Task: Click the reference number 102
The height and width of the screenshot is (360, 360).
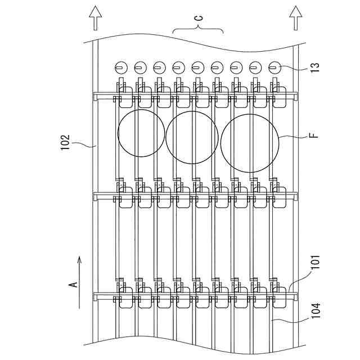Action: tap(65, 142)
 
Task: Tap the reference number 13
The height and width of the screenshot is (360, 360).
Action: tap(315, 67)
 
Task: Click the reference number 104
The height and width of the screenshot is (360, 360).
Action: tap(316, 310)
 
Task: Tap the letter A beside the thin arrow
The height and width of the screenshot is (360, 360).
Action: tap(73, 285)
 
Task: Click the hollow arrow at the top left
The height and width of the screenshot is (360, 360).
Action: tap(96, 18)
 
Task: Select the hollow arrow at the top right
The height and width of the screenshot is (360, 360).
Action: tap(296, 18)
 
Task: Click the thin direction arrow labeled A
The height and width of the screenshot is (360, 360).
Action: tap(79, 282)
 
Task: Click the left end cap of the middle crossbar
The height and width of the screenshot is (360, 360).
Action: tap(95, 196)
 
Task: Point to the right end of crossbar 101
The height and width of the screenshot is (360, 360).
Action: tap(296, 296)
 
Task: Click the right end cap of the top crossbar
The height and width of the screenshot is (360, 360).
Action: tap(296, 96)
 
